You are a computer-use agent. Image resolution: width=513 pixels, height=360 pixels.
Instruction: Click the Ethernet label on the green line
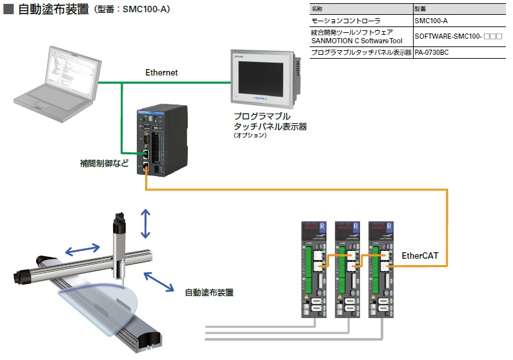pyautogui.click(x=161, y=73)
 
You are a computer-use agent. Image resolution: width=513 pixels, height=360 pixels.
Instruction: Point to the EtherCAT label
pyautogui.click(x=419, y=256)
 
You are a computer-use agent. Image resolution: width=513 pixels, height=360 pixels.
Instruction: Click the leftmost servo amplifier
pyautogui.click(x=314, y=268)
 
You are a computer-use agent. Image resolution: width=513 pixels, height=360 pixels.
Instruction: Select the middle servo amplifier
pyautogui.click(x=347, y=268)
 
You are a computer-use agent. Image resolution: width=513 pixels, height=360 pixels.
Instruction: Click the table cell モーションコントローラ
pyautogui.click(x=345, y=21)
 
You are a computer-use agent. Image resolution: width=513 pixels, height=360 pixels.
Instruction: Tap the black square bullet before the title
pyautogui.click(x=9, y=10)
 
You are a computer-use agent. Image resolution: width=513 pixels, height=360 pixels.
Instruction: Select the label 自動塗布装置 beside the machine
pyautogui.click(x=208, y=292)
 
